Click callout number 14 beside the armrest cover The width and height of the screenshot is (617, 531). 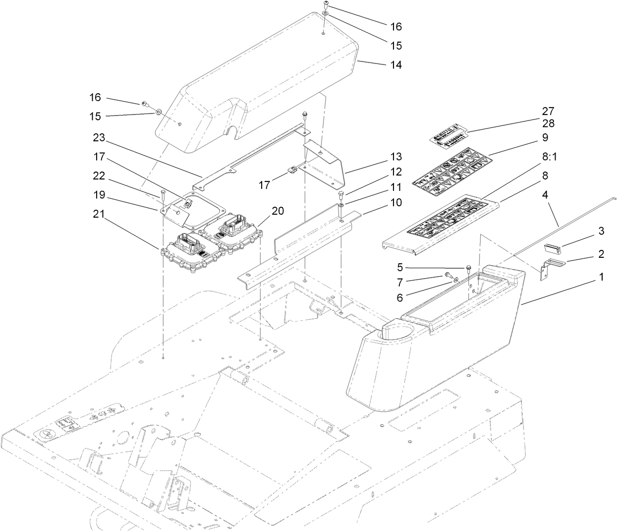pos(395,65)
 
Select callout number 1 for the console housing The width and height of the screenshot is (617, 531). pos(601,278)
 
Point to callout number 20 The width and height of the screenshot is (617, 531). pos(278,211)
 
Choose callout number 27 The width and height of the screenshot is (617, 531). pos(548,111)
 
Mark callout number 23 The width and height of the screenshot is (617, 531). pos(98,137)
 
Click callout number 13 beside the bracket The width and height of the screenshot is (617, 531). pos(395,157)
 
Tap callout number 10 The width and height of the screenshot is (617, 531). pos(395,203)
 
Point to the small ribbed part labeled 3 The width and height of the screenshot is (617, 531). pos(552,248)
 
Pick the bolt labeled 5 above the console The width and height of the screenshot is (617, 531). pos(468,269)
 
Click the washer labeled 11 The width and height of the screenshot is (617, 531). pos(341,205)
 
